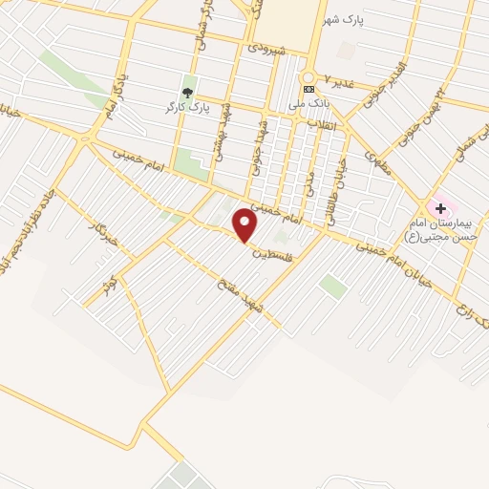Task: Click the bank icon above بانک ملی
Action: tap(308, 89)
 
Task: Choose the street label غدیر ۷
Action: tap(338, 78)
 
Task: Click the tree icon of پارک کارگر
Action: tap(189, 94)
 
